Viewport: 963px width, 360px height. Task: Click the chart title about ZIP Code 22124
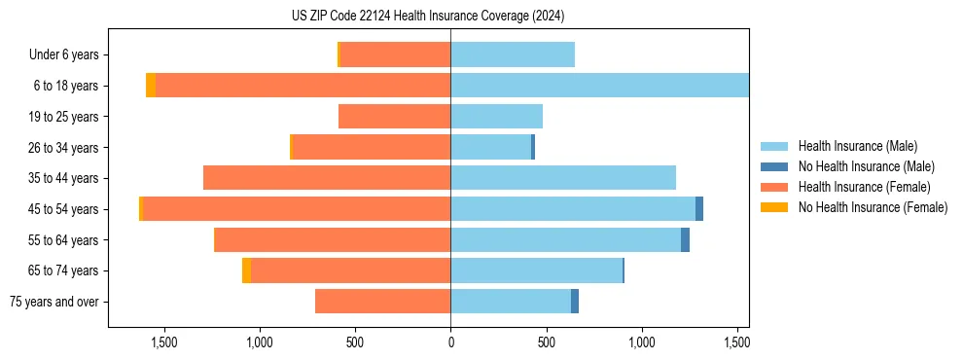(427, 17)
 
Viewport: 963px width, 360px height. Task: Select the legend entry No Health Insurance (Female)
(873, 207)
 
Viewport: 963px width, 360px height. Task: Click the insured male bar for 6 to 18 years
(599, 86)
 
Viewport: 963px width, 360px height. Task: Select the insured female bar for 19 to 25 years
(394, 117)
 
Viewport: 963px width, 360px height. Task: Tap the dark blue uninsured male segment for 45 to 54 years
(699, 209)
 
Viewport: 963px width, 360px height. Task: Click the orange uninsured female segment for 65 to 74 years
(246, 270)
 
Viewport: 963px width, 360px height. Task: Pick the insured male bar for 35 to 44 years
(563, 178)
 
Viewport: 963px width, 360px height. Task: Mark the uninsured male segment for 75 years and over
(575, 302)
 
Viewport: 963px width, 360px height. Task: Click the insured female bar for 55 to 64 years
(332, 240)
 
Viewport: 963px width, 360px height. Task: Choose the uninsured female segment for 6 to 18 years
(151, 86)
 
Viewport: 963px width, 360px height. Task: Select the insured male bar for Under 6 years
(513, 54)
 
